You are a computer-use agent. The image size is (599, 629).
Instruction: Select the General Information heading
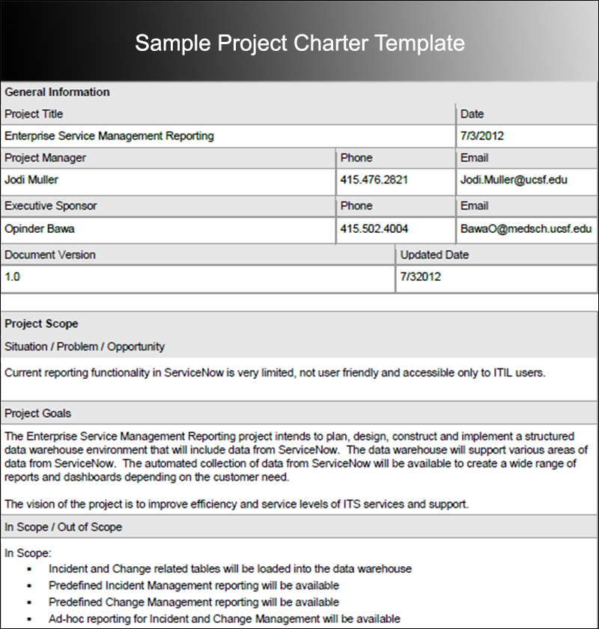click(57, 92)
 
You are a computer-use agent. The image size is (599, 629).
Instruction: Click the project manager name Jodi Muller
click(31, 180)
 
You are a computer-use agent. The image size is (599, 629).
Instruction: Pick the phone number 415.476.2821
click(374, 180)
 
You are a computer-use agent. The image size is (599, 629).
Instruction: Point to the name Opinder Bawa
click(39, 228)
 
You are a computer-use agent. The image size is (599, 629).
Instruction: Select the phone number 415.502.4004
click(374, 228)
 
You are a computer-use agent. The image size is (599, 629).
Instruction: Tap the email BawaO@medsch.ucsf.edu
click(526, 228)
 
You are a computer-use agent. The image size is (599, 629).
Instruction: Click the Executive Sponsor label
click(51, 206)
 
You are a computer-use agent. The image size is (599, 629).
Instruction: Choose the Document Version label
click(50, 255)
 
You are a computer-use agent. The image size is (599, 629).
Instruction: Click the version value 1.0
click(13, 276)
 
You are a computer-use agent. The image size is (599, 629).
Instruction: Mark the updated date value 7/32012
click(421, 276)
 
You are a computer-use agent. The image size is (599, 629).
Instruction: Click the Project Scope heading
click(41, 323)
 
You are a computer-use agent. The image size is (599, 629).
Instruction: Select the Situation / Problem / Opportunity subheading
click(85, 347)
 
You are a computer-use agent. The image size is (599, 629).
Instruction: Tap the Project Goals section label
click(38, 413)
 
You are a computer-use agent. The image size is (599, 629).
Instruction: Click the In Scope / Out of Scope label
click(63, 527)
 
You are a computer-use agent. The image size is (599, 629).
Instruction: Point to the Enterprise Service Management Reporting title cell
click(109, 136)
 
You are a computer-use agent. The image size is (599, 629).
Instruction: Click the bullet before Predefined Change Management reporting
click(29, 603)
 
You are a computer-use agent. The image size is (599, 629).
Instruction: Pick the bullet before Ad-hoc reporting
click(29, 619)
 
